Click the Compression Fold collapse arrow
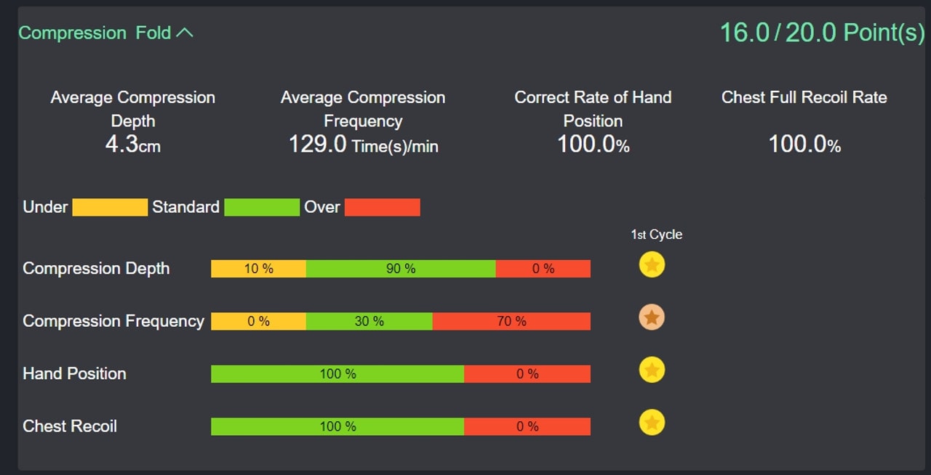coord(185,33)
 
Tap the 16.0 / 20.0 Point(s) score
coord(821,33)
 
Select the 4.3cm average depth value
coord(132,144)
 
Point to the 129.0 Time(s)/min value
coord(363,145)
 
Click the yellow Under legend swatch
coord(110,208)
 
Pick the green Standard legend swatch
coord(262,208)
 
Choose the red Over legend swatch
coord(383,208)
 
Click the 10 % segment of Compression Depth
coord(258,269)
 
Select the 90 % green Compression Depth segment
coord(401,269)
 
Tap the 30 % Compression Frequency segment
coord(369,321)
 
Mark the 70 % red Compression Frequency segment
coord(511,321)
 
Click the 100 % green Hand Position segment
coord(337,374)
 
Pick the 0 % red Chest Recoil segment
coord(527,426)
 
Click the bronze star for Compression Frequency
coord(652,317)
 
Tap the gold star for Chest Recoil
coord(652,422)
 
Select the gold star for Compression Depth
coord(652,265)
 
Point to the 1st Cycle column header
coord(656,235)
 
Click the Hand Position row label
coord(74,373)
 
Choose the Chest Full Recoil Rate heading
coord(804,97)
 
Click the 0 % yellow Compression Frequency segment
coord(258,321)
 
